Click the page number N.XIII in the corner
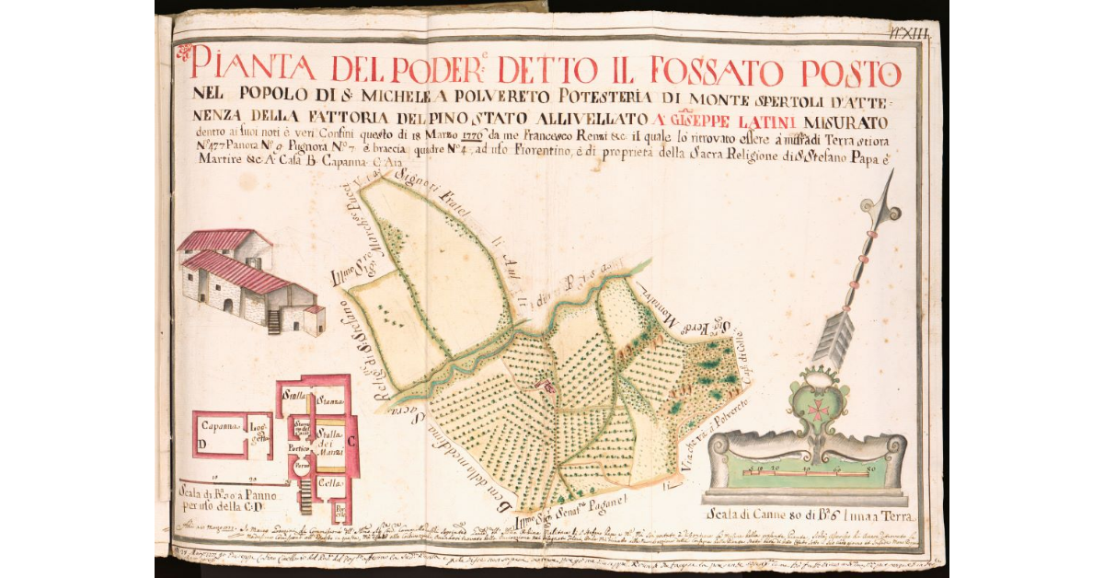tap(911, 32)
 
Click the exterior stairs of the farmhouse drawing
tap(272, 321)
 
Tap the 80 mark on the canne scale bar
tap(868, 471)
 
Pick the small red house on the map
tap(549, 389)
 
